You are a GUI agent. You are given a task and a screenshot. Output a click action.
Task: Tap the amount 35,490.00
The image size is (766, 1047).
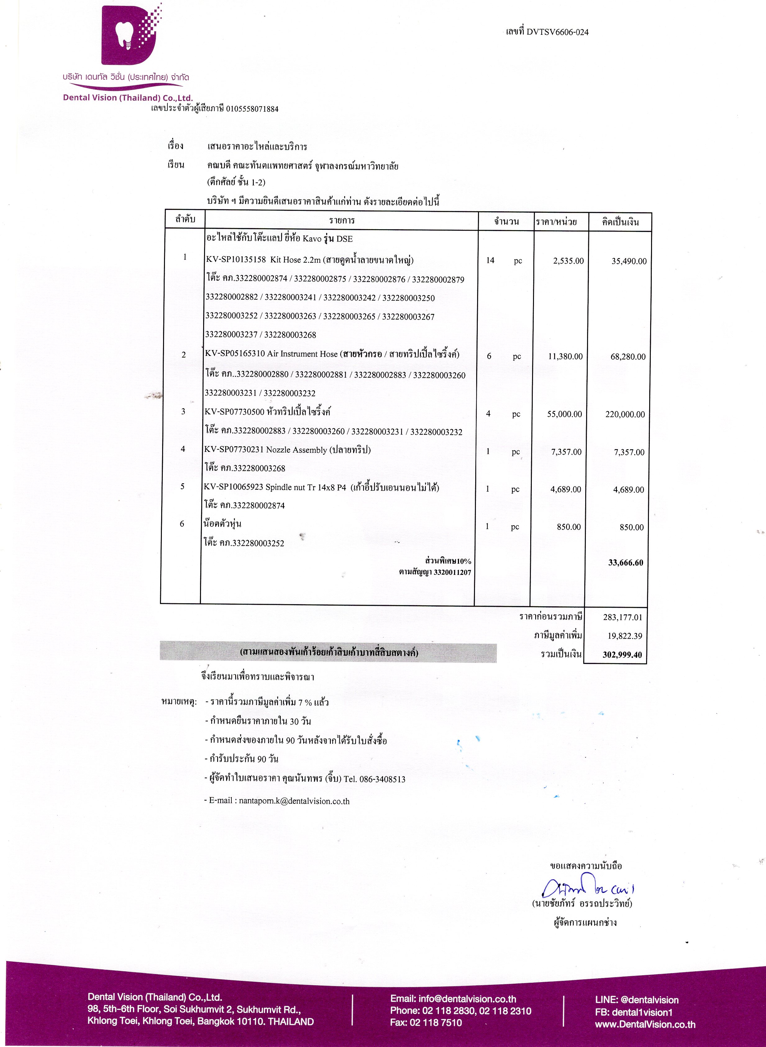tap(629, 262)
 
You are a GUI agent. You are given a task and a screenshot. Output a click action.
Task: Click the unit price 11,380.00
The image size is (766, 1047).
tap(565, 357)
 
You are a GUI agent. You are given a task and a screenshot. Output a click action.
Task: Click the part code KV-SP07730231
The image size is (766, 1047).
tap(234, 450)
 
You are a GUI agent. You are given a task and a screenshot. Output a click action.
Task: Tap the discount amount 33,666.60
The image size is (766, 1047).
tap(626, 563)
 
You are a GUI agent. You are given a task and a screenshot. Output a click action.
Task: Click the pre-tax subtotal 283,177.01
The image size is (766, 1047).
tap(622, 617)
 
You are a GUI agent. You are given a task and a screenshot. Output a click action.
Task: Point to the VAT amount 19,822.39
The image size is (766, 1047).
tap(625, 636)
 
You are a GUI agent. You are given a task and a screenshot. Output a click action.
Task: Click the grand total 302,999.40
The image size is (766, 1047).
tap(622, 655)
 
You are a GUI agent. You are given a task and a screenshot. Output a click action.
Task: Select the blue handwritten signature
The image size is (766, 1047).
tap(586, 886)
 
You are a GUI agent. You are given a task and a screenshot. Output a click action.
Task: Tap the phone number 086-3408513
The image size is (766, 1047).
tap(382, 779)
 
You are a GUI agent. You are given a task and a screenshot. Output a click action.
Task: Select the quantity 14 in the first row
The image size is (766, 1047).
tap(490, 261)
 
